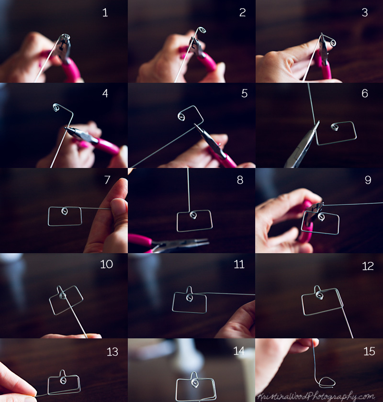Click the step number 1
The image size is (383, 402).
[105, 12]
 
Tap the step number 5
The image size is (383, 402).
[245, 93]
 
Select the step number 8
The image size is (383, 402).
[240, 180]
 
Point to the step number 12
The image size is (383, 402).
[368, 266]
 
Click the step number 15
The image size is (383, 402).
[369, 351]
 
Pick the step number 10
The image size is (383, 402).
[106, 264]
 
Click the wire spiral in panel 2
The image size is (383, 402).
[202, 30]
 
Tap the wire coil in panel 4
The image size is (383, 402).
[56, 107]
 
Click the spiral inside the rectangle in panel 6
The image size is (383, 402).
[334, 126]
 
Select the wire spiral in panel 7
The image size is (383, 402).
[65, 211]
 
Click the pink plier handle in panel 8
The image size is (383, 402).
[140, 241]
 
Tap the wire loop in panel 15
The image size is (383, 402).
[327, 381]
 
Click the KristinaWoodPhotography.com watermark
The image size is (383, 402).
[315, 396]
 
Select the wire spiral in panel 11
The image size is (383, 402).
[190, 297]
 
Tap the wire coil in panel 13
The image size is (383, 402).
[63, 380]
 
